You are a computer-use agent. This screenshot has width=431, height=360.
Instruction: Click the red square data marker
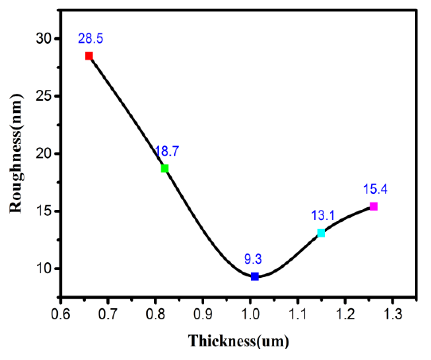pos(89,56)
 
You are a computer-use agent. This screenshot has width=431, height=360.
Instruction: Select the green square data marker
pos(165,168)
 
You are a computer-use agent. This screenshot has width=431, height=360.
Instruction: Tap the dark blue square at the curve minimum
pos(255,276)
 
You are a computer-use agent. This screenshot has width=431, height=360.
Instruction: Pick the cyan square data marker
pos(321,233)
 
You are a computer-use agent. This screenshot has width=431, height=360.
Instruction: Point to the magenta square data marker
pos(373,207)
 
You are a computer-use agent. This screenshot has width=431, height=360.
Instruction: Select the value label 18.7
pos(166,151)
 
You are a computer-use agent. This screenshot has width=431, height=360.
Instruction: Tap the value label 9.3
pos(253,259)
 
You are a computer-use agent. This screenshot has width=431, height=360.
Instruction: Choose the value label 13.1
pos(323,216)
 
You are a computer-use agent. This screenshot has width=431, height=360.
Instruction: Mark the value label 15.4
pos(375,189)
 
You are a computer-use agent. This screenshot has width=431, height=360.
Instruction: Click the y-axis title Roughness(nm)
pos(16,153)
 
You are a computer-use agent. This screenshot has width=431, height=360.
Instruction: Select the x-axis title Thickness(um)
pos(238,341)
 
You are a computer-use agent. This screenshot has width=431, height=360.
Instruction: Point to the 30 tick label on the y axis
pos(44,39)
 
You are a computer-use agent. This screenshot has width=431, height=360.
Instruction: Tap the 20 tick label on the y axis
pos(44,153)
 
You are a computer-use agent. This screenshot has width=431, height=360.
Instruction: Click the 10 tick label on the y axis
pos(44,268)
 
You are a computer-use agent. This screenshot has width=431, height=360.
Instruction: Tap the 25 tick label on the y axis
pos(44,96)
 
